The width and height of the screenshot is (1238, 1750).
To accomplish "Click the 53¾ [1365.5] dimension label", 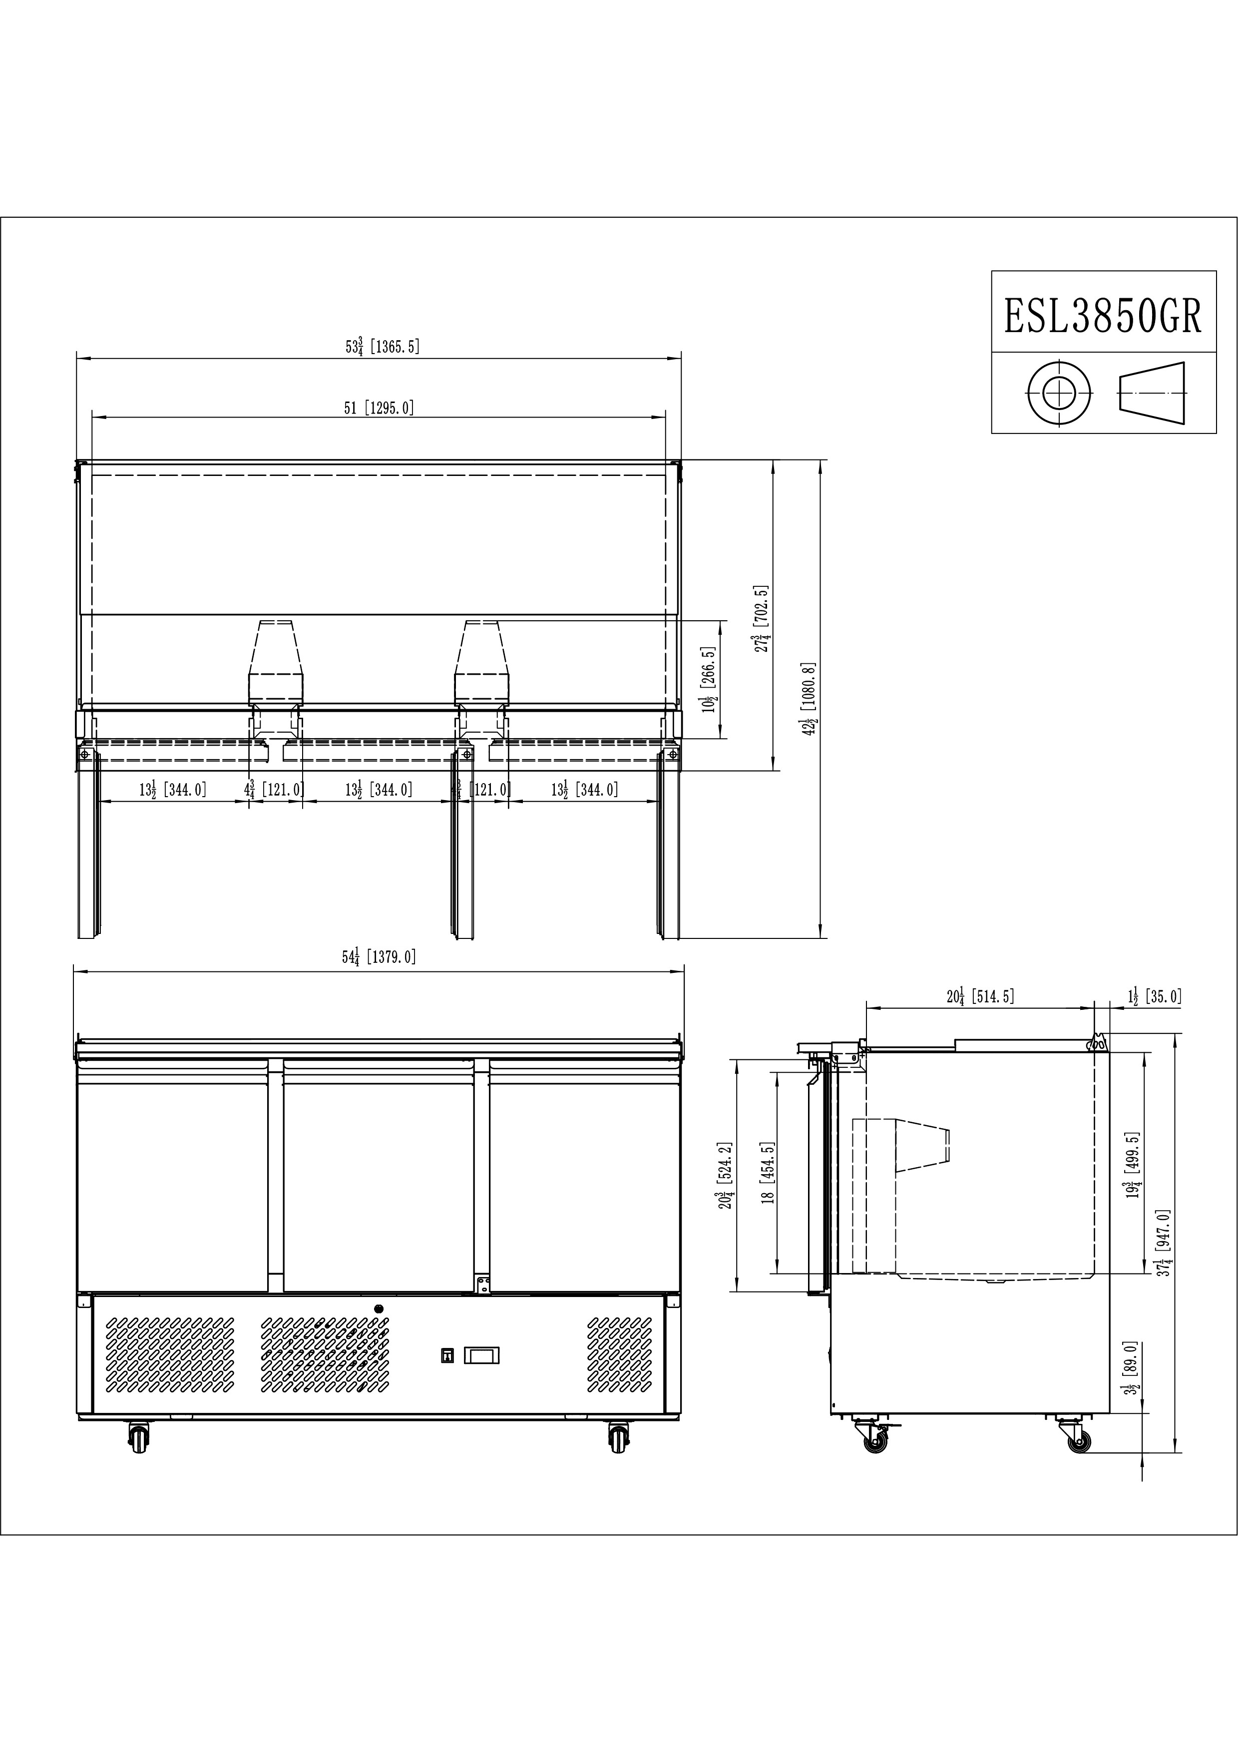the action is [382, 347].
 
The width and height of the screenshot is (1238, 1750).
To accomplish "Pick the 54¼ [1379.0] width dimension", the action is [380, 956].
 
